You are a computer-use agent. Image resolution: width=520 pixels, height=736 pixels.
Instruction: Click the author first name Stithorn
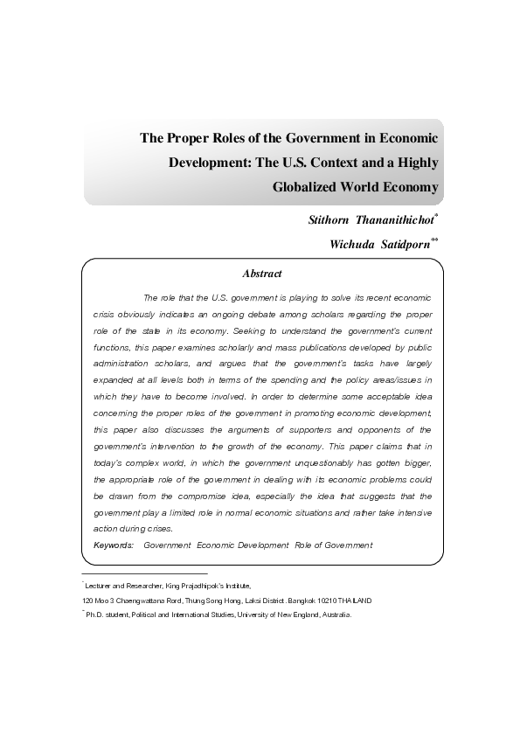point(323,219)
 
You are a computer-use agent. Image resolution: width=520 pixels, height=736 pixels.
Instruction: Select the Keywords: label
point(114,545)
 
